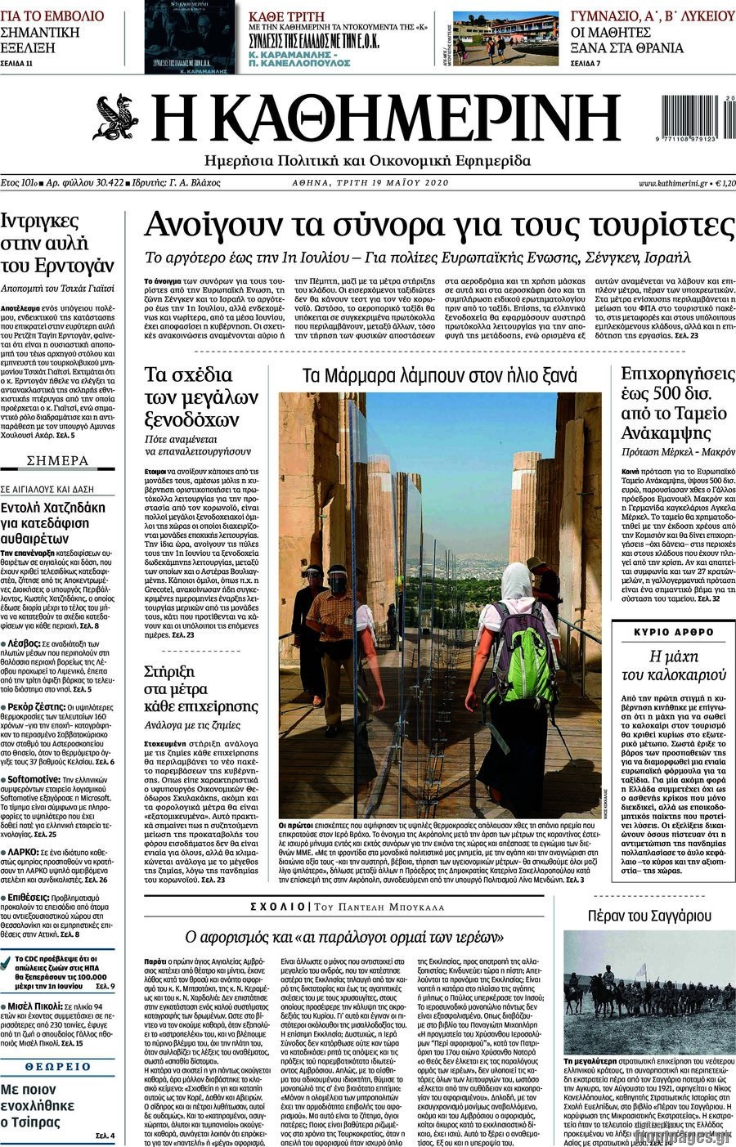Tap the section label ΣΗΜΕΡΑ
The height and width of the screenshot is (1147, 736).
58,461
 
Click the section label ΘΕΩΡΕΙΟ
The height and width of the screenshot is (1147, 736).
58,1067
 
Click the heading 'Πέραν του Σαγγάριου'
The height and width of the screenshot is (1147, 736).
649,916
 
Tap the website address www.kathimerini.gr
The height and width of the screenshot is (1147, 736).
673,183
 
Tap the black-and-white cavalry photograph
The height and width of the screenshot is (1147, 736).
649,990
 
